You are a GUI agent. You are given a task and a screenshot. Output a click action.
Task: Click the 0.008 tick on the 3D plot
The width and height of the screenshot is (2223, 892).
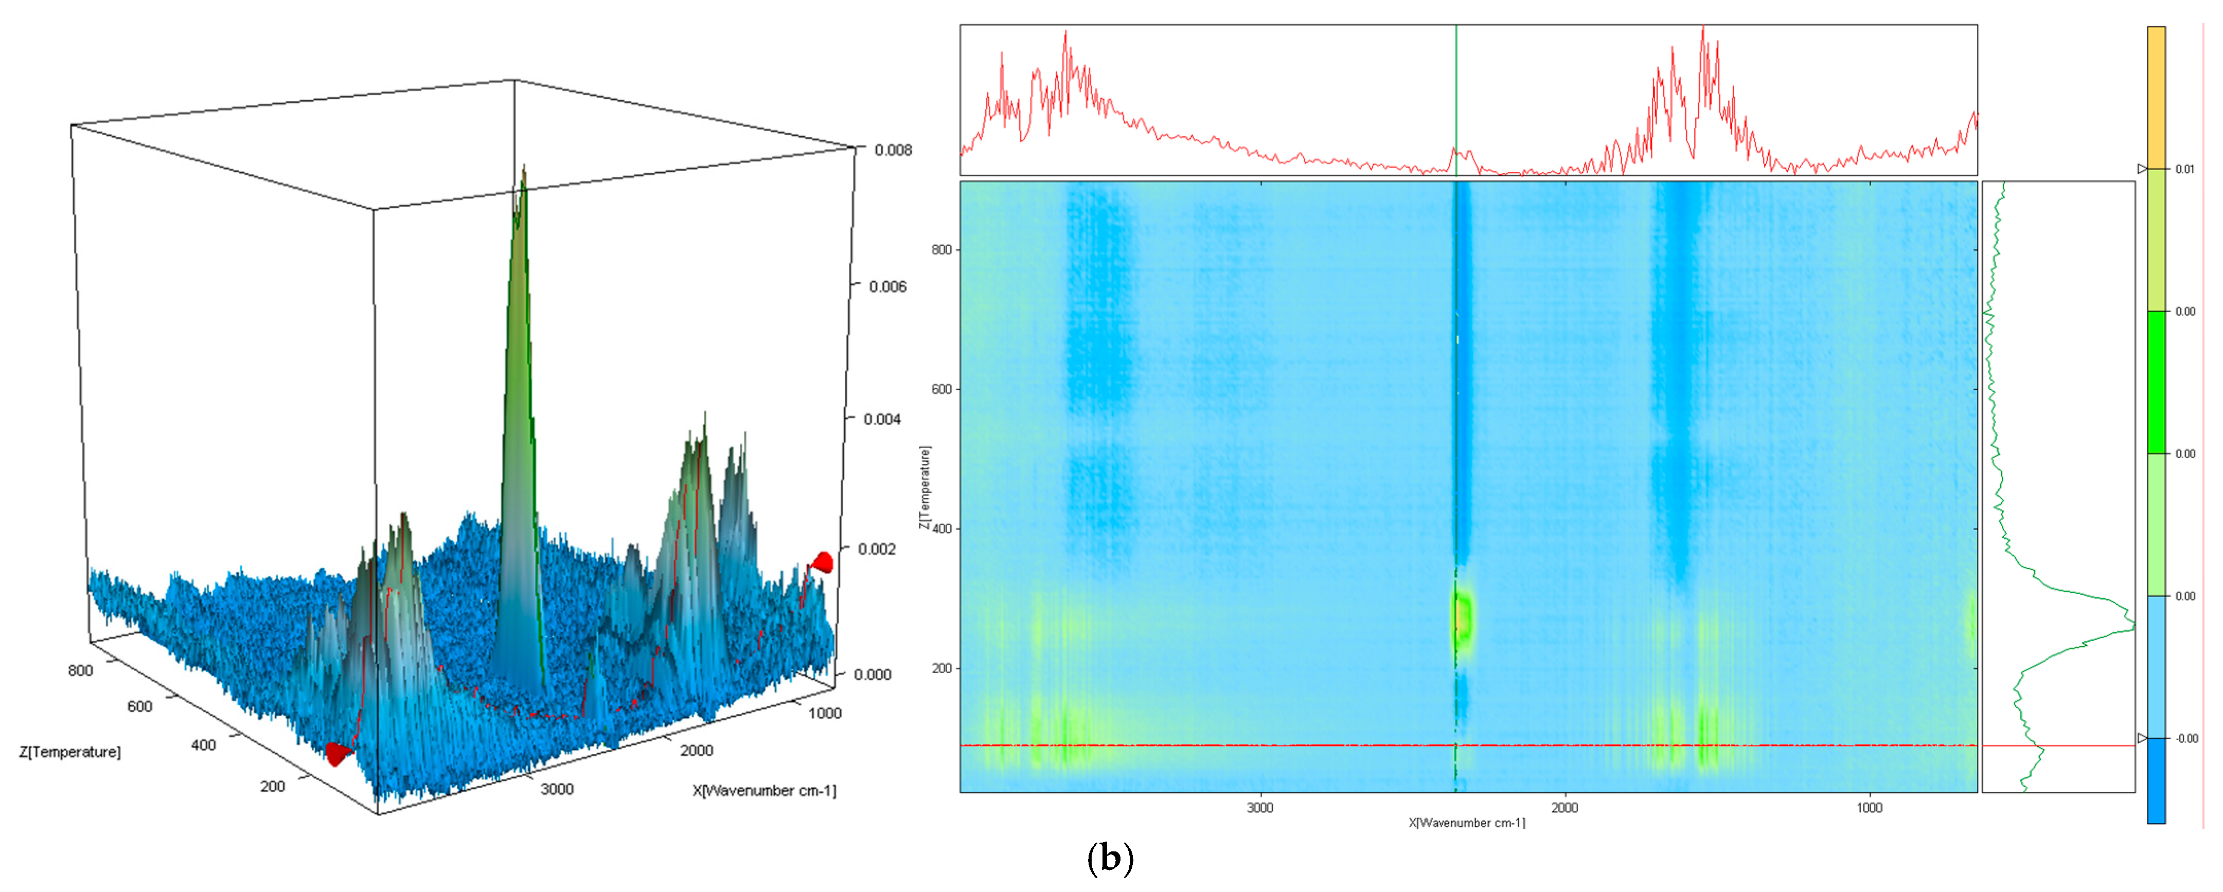click(x=892, y=150)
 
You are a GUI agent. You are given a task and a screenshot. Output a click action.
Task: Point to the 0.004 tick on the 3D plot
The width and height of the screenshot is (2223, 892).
click(x=882, y=419)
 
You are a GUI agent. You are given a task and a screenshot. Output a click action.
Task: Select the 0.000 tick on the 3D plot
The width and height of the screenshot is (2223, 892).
click(x=872, y=675)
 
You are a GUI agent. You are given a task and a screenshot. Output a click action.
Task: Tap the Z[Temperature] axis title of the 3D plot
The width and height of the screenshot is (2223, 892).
click(x=70, y=752)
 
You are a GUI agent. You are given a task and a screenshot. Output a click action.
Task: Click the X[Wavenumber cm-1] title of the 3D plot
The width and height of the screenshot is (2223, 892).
click(x=764, y=790)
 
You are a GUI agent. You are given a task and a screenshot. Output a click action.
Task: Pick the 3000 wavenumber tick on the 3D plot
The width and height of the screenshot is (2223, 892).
click(x=557, y=789)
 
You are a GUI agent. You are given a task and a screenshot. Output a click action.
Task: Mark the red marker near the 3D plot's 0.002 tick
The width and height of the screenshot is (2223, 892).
click(x=823, y=562)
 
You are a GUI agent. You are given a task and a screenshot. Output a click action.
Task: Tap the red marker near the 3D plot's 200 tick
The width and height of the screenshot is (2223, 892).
click(x=336, y=755)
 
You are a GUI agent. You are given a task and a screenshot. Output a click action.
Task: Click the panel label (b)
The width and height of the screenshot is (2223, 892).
click(x=1110, y=859)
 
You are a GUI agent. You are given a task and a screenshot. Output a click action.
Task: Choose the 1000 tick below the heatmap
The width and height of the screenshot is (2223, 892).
click(x=1869, y=808)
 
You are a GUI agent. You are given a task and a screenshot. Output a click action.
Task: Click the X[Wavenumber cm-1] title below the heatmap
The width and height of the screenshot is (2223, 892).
click(x=1467, y=823)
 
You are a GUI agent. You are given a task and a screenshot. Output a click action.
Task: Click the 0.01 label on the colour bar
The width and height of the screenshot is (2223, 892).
click(x=2184, y=169)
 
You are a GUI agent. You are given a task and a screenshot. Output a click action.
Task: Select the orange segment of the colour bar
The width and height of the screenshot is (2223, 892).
click(x=2156, y=97)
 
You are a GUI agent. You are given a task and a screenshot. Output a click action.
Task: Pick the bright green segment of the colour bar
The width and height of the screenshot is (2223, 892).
click(x=2156, y=381)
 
